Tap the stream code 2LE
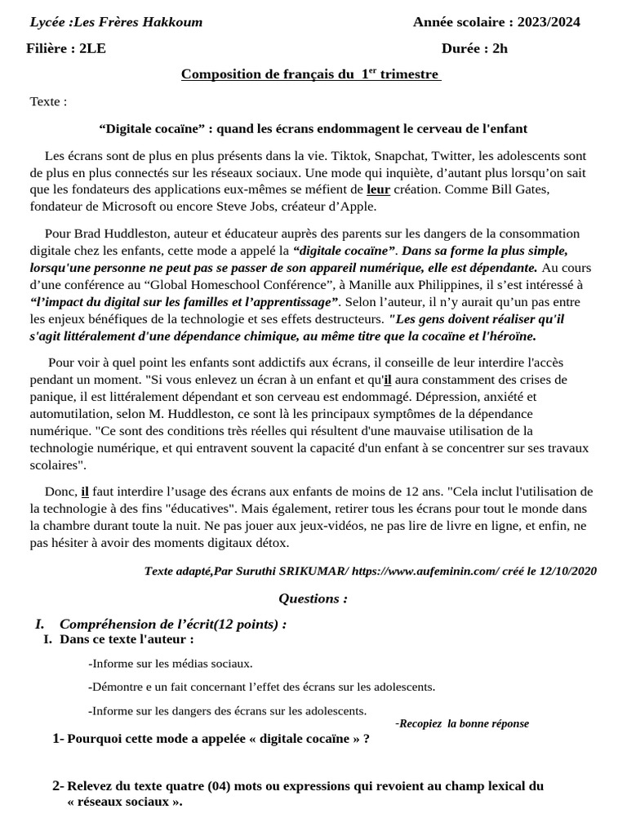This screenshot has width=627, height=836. [x=92, y=48]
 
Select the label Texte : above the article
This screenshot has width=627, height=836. [x=48, y=102]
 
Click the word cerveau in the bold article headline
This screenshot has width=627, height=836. [x=440, y=129]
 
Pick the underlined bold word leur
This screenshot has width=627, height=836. [x=378, y=190]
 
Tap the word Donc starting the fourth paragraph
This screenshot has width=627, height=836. [x=60, y=491]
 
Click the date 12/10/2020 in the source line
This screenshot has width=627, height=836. [x=568, y=571]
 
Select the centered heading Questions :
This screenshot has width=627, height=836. [x=313, y=598]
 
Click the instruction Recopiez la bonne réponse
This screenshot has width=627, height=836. [x=464, y=723]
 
